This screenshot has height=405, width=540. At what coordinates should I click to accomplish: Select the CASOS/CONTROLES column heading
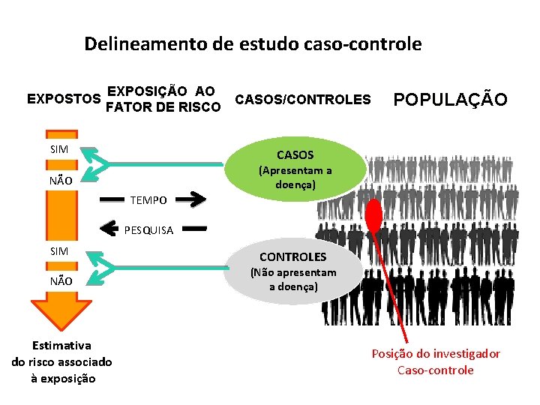pos(302,99)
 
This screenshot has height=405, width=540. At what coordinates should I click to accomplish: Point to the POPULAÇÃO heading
pos(450,100)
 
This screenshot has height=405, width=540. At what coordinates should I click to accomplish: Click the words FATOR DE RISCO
pos(163,107)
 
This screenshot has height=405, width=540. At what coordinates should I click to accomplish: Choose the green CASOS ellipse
pos(295,168)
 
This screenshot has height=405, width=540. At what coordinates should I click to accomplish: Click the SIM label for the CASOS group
pos(59,149)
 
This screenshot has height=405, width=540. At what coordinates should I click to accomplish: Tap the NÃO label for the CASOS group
pos(60,181)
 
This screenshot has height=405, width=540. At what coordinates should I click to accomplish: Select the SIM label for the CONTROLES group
pos(59,250)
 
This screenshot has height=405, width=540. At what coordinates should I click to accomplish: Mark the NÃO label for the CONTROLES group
pos(61,281)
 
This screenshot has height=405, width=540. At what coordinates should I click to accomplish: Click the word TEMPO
pos(148,200)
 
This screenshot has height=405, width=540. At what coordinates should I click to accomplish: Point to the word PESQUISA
pos(148,229)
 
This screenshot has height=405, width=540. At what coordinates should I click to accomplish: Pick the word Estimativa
pos(61,346)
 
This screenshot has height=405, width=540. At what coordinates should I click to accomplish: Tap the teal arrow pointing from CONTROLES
pos(97,266)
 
